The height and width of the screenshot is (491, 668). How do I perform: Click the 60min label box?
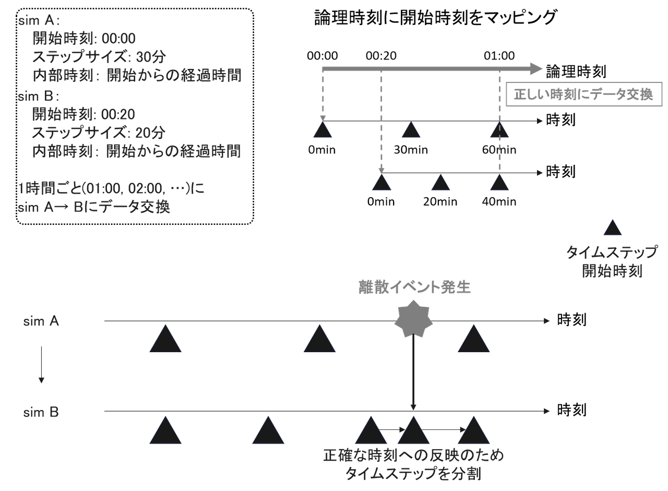click(498, 150)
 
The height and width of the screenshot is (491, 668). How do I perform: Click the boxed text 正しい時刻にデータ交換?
click(583, 95)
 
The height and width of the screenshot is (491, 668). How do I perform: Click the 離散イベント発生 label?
click(414, 287)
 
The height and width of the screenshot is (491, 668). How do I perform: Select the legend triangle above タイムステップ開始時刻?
click(612, 228)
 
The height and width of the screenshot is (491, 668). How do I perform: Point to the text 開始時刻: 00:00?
click(84, 38)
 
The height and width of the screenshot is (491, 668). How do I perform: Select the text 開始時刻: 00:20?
click(84, 114)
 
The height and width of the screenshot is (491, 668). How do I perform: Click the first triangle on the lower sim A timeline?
click(165, 339)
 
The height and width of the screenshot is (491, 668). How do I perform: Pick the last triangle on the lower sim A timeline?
click(474, 339)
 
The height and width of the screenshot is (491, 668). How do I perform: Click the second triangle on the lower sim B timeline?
click(268, 431)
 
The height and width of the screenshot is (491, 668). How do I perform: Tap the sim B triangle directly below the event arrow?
click(413, 431)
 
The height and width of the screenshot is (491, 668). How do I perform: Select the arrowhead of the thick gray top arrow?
click(535, 68)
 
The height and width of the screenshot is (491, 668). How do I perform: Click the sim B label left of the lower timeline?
click(41, 413)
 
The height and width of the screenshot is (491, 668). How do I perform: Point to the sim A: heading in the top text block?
click(39, 21)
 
